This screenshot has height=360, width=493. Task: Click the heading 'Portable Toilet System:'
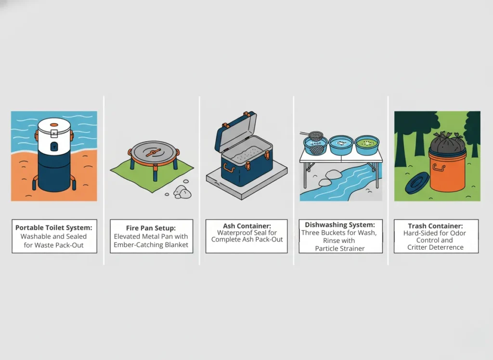[54, 228]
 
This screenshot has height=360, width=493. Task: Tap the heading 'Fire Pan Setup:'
[151, 228]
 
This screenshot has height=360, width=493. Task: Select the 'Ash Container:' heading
[246, 225]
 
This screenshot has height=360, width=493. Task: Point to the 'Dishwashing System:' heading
[340, 225]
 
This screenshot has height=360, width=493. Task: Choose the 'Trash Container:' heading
[435, 226]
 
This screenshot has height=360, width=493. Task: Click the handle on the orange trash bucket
[439, 168]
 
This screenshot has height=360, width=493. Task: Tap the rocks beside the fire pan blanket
[182, 191]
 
